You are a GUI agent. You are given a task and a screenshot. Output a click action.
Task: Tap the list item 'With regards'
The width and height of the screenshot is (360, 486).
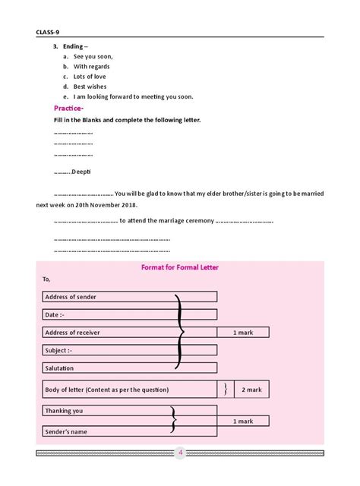point(91,67)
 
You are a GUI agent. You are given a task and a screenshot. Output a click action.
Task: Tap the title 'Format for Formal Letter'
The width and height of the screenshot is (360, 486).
point(180,267)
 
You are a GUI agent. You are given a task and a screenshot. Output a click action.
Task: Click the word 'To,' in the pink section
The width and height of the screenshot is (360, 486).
point(47,279)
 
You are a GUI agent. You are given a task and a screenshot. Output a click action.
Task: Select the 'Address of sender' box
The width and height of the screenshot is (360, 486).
point(129,296)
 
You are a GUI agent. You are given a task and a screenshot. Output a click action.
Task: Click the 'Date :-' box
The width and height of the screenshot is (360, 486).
point(129,314)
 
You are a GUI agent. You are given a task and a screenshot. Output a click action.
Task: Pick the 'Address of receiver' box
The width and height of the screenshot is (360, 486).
point(129,332)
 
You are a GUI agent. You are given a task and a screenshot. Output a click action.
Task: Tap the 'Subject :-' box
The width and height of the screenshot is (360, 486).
point(129,350)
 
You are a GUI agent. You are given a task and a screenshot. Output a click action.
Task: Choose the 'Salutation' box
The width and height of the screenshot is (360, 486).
point(129,368)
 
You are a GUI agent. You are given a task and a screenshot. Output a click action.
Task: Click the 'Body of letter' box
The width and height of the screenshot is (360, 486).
point(129,389)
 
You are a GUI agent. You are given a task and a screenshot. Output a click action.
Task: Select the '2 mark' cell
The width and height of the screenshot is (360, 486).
point(251,389)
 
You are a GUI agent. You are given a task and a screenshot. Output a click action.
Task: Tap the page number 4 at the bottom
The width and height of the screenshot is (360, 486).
point(181,453)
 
